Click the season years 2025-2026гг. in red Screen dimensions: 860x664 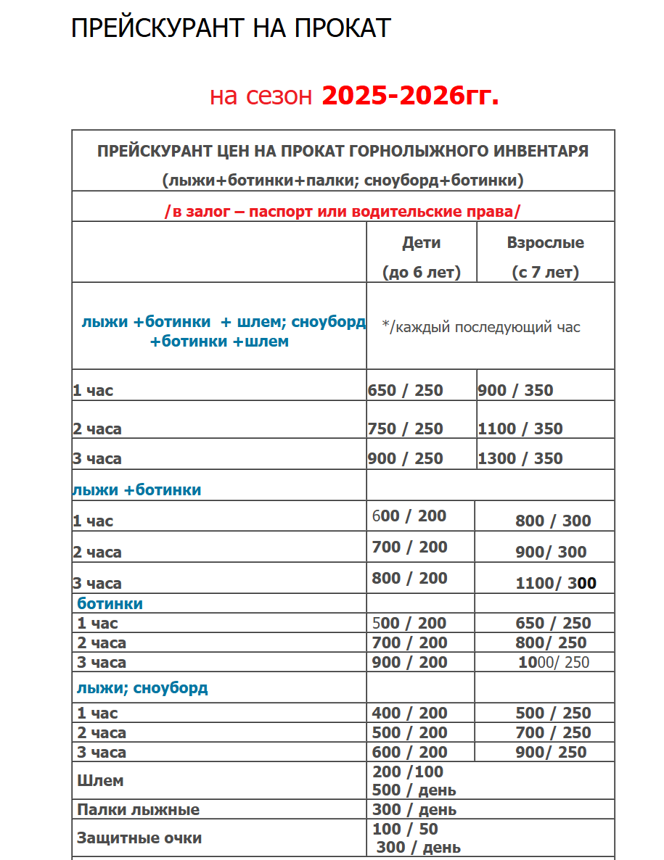[410, 95]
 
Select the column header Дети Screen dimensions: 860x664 [421, 243]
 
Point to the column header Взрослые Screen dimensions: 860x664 [545, 243]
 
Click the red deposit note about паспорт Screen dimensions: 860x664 [343, 212]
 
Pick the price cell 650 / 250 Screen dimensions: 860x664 [405, 390]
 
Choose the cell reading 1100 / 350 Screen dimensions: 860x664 [520, 429]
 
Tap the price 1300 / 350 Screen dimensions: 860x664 [520, 458]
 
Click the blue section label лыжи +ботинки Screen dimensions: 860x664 [136, 490]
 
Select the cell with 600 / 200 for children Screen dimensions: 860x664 [409, 516]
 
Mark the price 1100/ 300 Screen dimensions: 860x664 [555, 583]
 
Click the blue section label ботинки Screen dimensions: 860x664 [110, 603]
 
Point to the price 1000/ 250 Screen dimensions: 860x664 [553, 662]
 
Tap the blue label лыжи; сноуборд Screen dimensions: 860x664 [142, 687]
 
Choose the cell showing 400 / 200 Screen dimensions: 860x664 [409, 713]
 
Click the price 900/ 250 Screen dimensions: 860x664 [551, 752]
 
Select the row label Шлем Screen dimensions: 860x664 [100, 781]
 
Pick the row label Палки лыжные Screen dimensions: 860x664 [138, 809]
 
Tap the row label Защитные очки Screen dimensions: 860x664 [139, 838]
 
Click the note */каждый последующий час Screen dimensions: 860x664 [481, 327]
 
